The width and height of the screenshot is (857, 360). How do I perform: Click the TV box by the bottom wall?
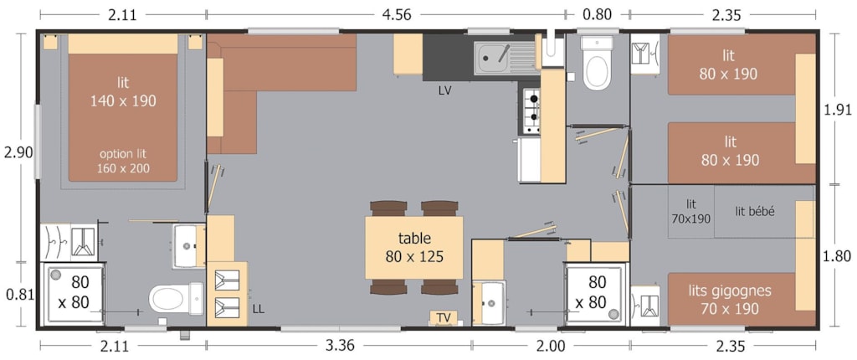(x=444, y=318)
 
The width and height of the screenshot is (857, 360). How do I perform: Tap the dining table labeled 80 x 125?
(x=414, y=247)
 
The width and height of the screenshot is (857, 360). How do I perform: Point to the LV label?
(x=445, y=91)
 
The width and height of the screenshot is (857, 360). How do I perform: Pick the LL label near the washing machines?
(x=259, y=309)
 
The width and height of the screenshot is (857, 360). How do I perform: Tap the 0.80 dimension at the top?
(x=597, y=14)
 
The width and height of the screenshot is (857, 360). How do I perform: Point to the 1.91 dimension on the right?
(x=837, y=110)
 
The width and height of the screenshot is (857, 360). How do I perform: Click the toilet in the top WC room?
(x=596, y=63)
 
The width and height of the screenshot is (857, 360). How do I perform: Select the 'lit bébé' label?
(x=755, y=212)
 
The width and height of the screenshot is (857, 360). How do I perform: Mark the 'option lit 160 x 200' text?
(x=123, y=161)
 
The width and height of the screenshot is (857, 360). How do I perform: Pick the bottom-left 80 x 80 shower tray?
(x=74, y=295)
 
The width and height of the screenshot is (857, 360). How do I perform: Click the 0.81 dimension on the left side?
(x=19, y=295)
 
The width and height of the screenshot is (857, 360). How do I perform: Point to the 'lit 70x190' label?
(x=691, y=212)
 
